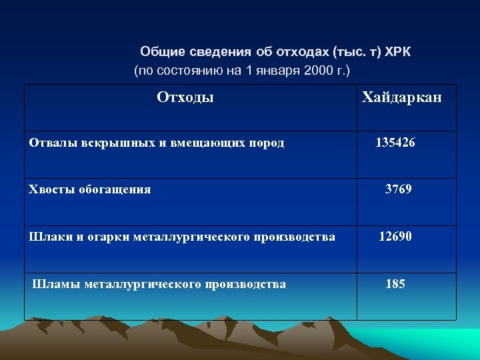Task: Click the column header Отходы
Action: pyautogui.click(x=185, y=97)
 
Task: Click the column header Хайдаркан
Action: pyautogui.click(x=401, y=97)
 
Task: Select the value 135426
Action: pyautogui.click(x=395, y=142)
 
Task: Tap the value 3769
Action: pyautogui.click(x=399, y=189)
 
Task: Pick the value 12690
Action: pyautogui.click(x=395, y=236)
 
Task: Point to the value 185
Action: pyautogui.click(x=395, y=284)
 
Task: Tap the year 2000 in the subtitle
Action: pyautogui.click(x=317, y=69)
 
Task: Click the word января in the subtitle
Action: pyautogui.click(x=277, y=69)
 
